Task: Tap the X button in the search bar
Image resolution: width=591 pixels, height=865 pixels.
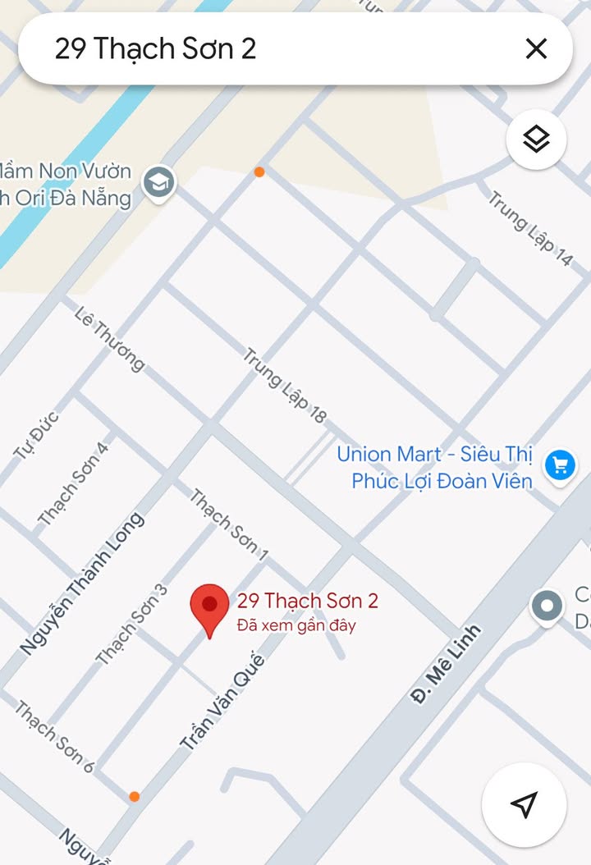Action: tap(536, 49)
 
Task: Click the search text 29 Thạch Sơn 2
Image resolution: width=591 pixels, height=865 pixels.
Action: tap(155, 49)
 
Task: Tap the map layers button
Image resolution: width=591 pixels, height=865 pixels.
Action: tap(536, 140)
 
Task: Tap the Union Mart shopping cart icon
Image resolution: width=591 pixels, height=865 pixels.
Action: tap(561, 465)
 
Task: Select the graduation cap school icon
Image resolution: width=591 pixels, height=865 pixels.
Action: tap(158, 183)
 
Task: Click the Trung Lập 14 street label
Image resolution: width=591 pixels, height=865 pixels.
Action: tap(529, 228)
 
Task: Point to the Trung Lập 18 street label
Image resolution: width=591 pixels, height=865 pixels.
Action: tap(285, 386)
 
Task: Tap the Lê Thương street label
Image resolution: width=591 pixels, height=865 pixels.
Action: tap(108, 338)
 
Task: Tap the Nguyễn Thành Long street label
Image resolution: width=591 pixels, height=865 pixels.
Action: tap(82, 584)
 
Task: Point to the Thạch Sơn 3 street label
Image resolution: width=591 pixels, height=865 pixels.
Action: tap(131, 624)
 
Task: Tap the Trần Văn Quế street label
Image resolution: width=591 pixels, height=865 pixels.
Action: tap(222, 702)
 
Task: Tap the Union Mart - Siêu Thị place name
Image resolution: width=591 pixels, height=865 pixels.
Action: tap(434, 454)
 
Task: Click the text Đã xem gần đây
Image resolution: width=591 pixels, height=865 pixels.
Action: tap(296, 625)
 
